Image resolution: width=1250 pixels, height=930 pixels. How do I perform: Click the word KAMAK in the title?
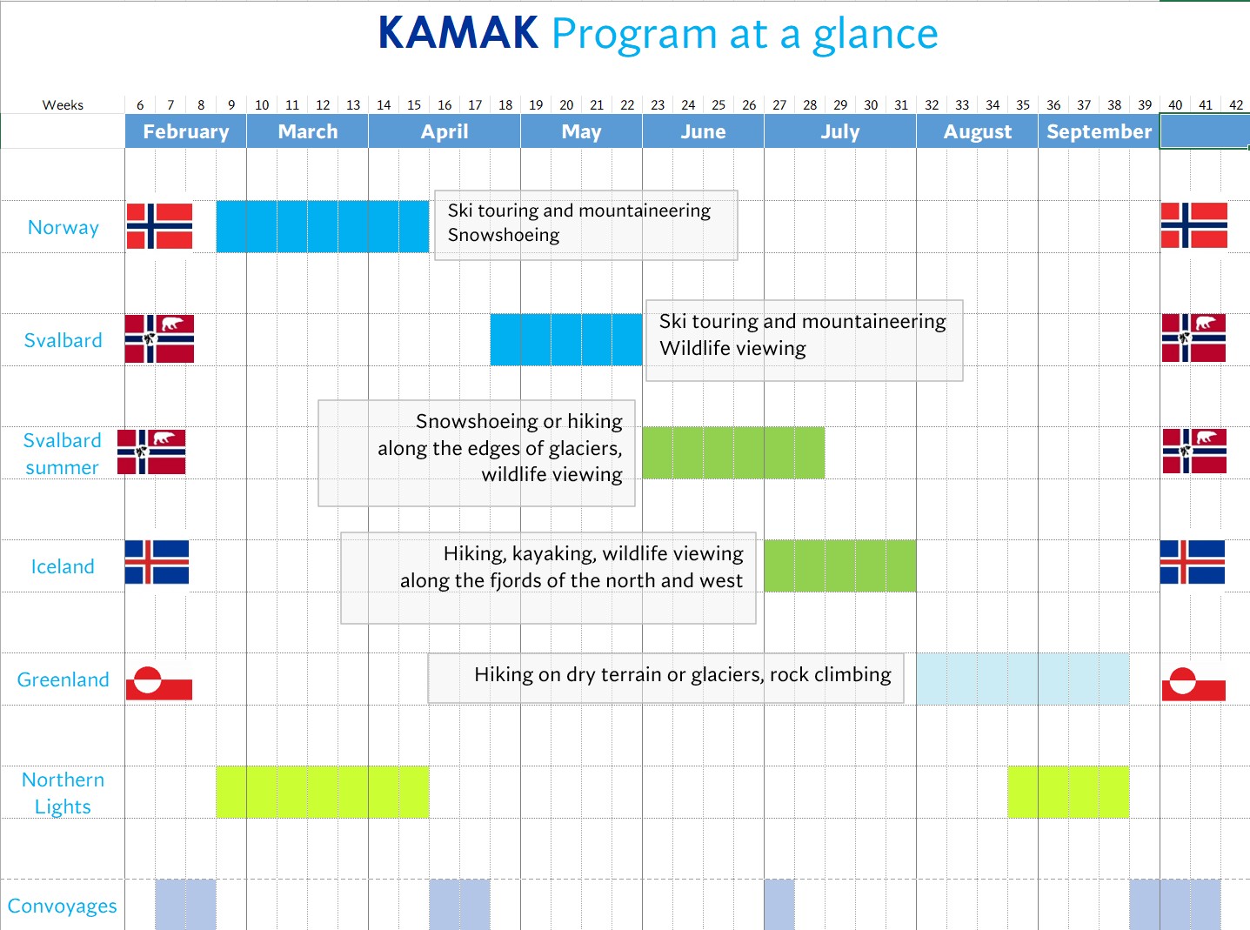(x=458, y=34)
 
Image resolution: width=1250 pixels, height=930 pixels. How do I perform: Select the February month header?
(x=185, y=131)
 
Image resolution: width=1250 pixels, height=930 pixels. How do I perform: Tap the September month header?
(x=1099, y=131)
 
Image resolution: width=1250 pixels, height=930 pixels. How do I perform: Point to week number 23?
(x=658, y=105)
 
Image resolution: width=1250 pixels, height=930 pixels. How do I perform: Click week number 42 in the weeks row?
(x=1235, y=105)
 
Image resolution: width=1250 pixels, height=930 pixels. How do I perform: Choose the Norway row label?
(x=64, y=227)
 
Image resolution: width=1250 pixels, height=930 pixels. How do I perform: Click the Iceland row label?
(x=63, y=566)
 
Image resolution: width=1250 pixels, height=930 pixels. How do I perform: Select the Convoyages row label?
(x=62, y=906)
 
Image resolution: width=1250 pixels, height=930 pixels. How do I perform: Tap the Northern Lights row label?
(x=63, y=793)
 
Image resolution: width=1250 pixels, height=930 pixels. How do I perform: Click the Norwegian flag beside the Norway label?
(x=159, y=226)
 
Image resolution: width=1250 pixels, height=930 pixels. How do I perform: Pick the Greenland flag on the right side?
(x=1193, y=683)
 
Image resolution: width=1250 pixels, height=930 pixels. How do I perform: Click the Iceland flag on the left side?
(x=157, y=562)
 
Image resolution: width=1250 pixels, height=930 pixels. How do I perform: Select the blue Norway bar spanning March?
(x=322, y=227)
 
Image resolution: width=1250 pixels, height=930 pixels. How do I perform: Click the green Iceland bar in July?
(x=839, y=565)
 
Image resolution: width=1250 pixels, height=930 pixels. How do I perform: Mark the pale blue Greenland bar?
(x=1022, y=679)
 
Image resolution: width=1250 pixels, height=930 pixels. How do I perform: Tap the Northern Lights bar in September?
(x=1068, y=792)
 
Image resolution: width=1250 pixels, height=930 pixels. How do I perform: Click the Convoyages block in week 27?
(x=779, y=905)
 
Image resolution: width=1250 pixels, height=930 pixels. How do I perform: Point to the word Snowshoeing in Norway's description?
(x=504, y=235)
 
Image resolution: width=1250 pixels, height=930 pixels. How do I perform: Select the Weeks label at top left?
(x=63, y=105)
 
